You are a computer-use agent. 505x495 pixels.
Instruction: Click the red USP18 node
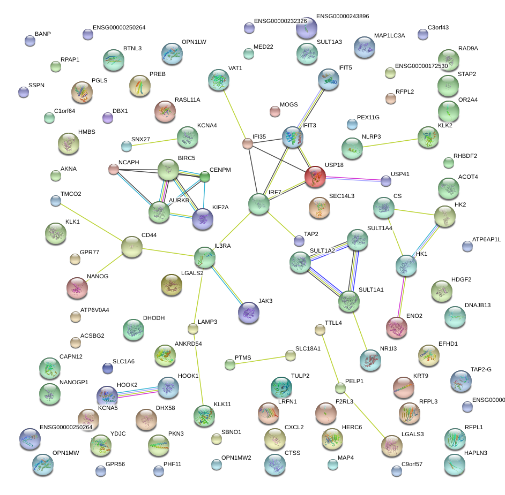tap(315, 177)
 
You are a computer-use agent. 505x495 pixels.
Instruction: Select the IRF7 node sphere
tap(259, 204)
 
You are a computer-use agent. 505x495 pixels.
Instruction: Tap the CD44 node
tap(132, 246)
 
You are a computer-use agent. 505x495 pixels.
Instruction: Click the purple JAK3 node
tap(248, 313)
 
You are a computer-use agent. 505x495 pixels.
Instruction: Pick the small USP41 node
tap(385, 181)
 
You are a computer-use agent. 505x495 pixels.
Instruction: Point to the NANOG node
tap(77, 288)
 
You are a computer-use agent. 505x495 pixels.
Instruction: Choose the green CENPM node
tap(205, 177)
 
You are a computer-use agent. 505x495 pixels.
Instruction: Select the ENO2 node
tap(397, 328)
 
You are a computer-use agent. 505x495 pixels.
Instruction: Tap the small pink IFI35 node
tap(247, 143)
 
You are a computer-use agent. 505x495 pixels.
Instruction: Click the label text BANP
tap(43, 34)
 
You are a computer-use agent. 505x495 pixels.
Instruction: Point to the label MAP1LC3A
tap(389, 36)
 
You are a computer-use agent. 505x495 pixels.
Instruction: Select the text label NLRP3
tap(372, 136)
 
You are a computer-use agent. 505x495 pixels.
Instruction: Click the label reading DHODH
tap(154, 318)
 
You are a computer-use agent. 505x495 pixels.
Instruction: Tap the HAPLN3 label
tap(476, 453)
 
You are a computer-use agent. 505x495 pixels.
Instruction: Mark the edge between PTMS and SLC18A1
tap(260, 360)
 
